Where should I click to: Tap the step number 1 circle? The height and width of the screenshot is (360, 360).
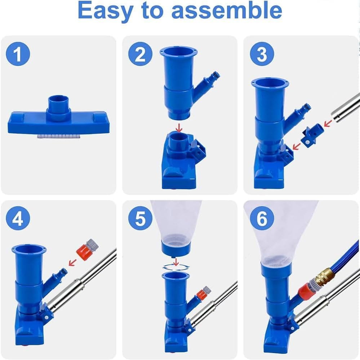point(18,54)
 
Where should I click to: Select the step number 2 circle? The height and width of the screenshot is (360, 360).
point(140,54)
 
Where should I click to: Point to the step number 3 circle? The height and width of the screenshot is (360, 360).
point(262,54)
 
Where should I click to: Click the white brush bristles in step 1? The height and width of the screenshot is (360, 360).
point(59,136)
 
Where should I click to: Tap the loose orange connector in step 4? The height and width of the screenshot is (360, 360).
point(87,249)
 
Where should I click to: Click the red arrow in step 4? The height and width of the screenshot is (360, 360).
point(73,262)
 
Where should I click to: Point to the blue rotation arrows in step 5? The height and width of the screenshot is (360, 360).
point(176,267)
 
